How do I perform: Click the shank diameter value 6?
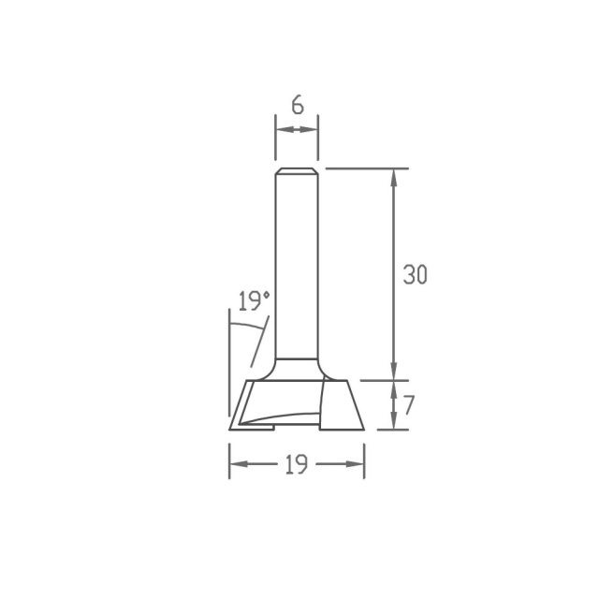tap(298, 105)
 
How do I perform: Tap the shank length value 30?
tap(416, 274)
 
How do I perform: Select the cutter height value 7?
tap(409, 405)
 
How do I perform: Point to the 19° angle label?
tap(255, 300)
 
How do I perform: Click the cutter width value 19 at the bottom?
tap(297, 464)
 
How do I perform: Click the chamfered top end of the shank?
tap(297, 170)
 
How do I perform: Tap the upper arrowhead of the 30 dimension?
tap(394, 178)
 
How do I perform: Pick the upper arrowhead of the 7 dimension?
tap(394, 389)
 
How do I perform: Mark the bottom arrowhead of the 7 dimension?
tap(394, 420)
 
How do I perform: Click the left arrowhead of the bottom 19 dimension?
tap(240, 464)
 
